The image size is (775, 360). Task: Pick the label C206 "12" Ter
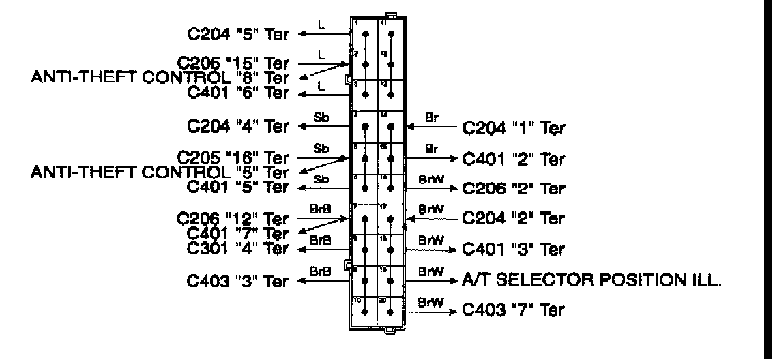[233, 220]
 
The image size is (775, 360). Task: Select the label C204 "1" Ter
[514, 127]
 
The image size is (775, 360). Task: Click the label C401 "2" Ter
[514, 159]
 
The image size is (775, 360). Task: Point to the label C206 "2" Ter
[514, 187]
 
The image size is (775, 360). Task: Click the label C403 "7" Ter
[514, 311]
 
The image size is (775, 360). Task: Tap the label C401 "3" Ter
[514, 250]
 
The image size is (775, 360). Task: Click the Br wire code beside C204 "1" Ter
[432, 117]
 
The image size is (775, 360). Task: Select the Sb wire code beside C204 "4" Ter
[321, 117]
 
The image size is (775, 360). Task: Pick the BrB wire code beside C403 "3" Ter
[321, 271]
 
